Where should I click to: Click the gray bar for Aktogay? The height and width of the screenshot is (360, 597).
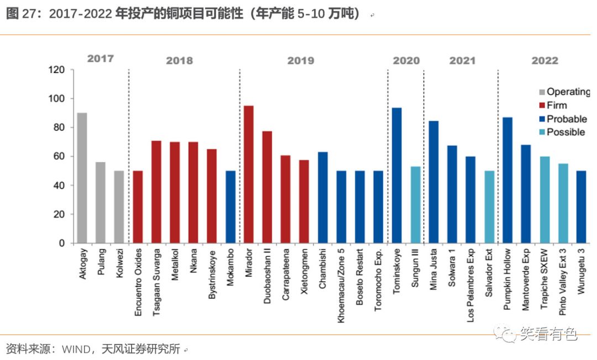[x=82, y=178]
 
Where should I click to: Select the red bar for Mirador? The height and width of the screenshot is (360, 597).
[x=249, y=174]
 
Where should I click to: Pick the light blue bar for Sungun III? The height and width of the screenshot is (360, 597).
[x=415, y=205]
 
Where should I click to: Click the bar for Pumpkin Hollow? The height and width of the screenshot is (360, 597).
[x=507, y=180]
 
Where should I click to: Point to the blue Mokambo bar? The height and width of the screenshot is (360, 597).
[x=231, y=207]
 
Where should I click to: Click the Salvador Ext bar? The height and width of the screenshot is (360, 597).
[x=489, y=207]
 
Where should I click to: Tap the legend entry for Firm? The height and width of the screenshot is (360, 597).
[x=557, y=105]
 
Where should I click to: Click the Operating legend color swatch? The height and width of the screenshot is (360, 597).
[x=542, y=92]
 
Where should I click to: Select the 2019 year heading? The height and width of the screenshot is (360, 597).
[x=300, y=61]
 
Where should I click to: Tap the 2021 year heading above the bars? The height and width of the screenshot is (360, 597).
[x=462, y=61]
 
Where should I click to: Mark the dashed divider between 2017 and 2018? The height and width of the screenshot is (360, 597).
[x=128, y=155]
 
